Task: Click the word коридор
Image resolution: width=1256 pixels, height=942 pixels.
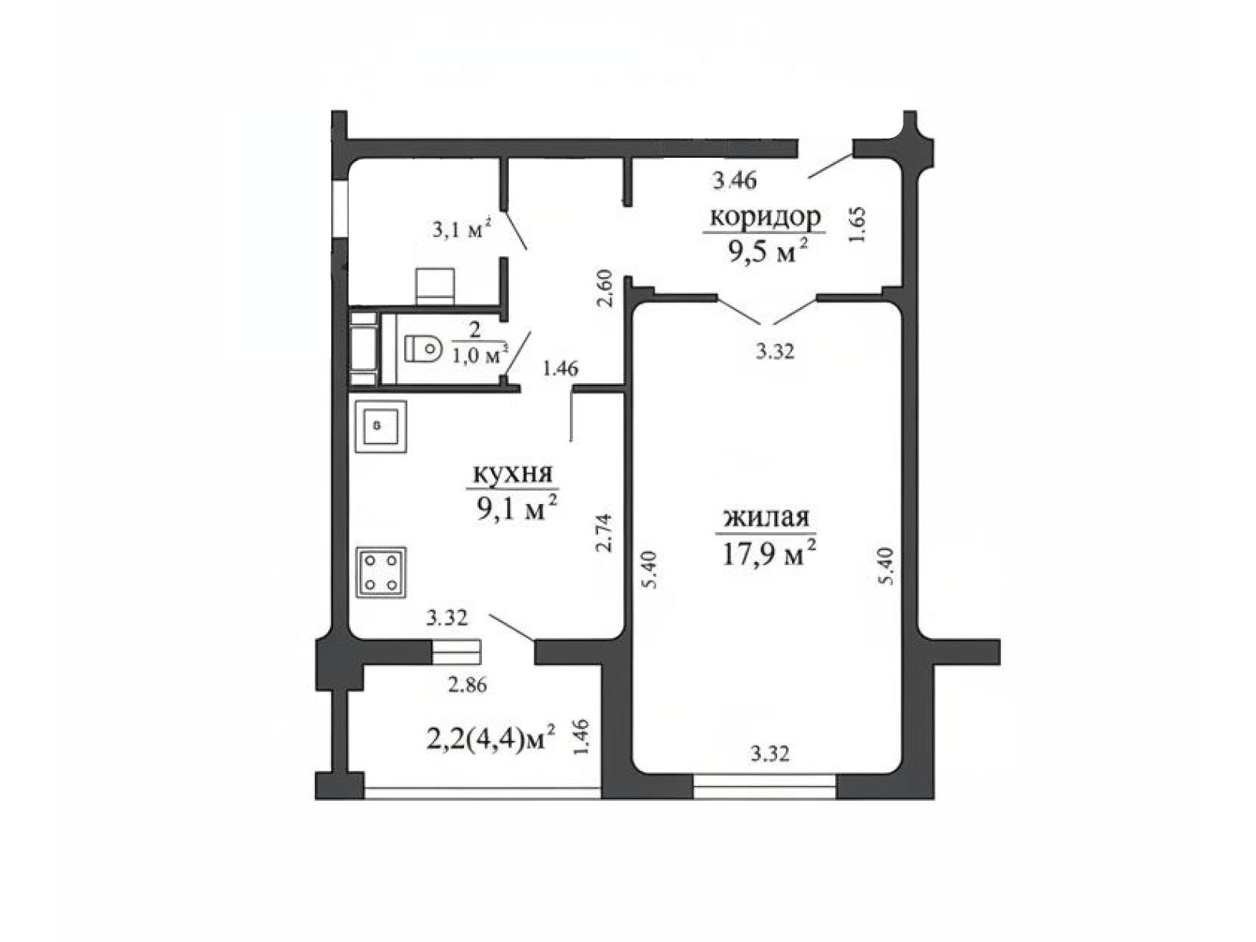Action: pos(765,217)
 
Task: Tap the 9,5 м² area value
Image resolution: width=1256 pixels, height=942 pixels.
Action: pos(768,250)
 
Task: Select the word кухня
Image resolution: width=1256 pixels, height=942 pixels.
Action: pos(512,473)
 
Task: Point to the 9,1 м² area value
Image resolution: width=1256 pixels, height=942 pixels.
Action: pos(516,507)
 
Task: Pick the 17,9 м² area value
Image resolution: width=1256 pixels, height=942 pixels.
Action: pos(768,553)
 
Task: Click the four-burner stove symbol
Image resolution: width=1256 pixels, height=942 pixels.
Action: pos(382,572)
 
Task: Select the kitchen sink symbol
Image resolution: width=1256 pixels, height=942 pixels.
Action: pos(381,426)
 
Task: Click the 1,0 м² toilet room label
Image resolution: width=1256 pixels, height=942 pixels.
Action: pos(480,356)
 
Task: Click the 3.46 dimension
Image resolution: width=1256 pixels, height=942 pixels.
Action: pos(734,181)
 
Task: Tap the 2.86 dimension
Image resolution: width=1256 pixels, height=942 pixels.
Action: pos(467,685)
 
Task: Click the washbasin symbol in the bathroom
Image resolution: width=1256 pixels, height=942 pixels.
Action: pos(435,286)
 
